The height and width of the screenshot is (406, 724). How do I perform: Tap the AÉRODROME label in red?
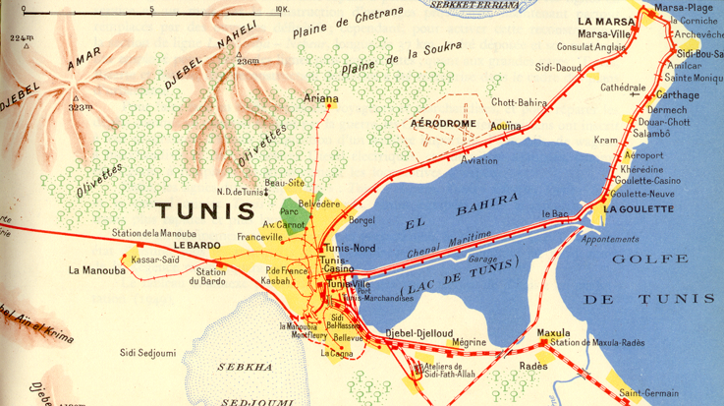(x=443, y=124)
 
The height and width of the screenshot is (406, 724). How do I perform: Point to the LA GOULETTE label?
(x=638, y=208)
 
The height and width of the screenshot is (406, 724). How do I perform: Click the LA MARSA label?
(x=601, y=21)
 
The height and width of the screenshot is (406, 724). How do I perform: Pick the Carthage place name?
(x=678, y=95)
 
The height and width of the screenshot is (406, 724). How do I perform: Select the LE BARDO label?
(x=196, y=245)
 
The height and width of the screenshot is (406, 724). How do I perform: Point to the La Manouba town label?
(x=97, y=269)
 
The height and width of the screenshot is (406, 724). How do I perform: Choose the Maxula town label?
(x=554, y=331)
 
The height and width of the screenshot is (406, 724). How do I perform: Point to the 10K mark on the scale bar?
(x=281, y=9)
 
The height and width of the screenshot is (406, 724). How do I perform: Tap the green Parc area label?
(x=289, y=211)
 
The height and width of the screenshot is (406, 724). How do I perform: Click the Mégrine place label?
(x=469, y=342)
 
